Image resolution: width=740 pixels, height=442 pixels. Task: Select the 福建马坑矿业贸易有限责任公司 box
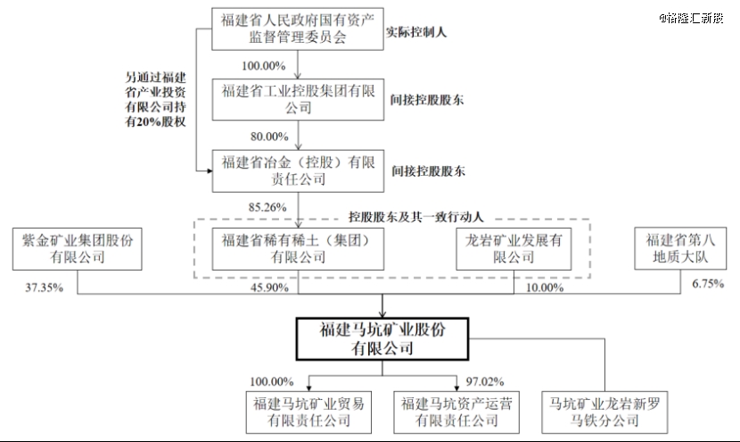point(309,411)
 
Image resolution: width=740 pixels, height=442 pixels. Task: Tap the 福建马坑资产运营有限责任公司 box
point(458,411)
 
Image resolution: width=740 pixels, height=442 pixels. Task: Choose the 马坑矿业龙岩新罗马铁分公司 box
point(604,411)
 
